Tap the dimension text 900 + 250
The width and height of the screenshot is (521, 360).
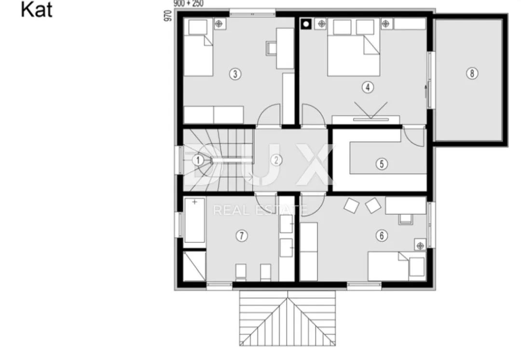(189, 4)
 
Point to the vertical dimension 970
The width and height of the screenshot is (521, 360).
(168, 16)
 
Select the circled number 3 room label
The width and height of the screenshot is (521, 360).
(235, 74)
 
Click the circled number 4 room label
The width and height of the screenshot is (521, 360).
(368, 87)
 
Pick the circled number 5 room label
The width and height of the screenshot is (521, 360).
(382, 164)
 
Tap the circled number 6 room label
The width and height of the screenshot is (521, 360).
(382, 235)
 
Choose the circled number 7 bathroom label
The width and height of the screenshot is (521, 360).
(242, 236)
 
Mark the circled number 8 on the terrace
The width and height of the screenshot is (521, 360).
(472, 73)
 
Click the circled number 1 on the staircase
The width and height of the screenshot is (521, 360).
(198, 160)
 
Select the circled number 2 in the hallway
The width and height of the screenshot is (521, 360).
(276, 160)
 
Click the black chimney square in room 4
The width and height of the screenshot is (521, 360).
(306, 24)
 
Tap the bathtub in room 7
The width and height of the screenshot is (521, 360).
(194, 221)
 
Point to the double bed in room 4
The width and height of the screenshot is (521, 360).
(354, 48)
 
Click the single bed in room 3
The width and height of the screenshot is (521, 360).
(198, 48)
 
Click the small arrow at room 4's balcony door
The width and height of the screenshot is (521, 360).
(425, 91)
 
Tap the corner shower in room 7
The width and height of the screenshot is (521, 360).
(194, 266)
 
